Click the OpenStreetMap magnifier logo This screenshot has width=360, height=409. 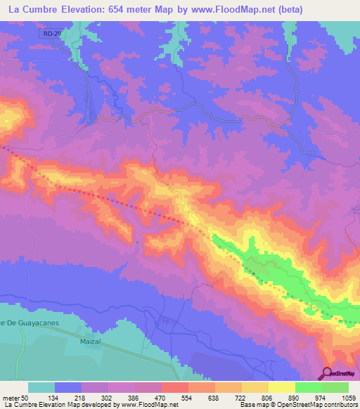coord(326,374)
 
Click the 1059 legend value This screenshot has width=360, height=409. coord(348,397)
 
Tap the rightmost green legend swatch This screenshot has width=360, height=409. coord(335,387)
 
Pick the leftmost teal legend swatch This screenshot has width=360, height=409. coord(41,387)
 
